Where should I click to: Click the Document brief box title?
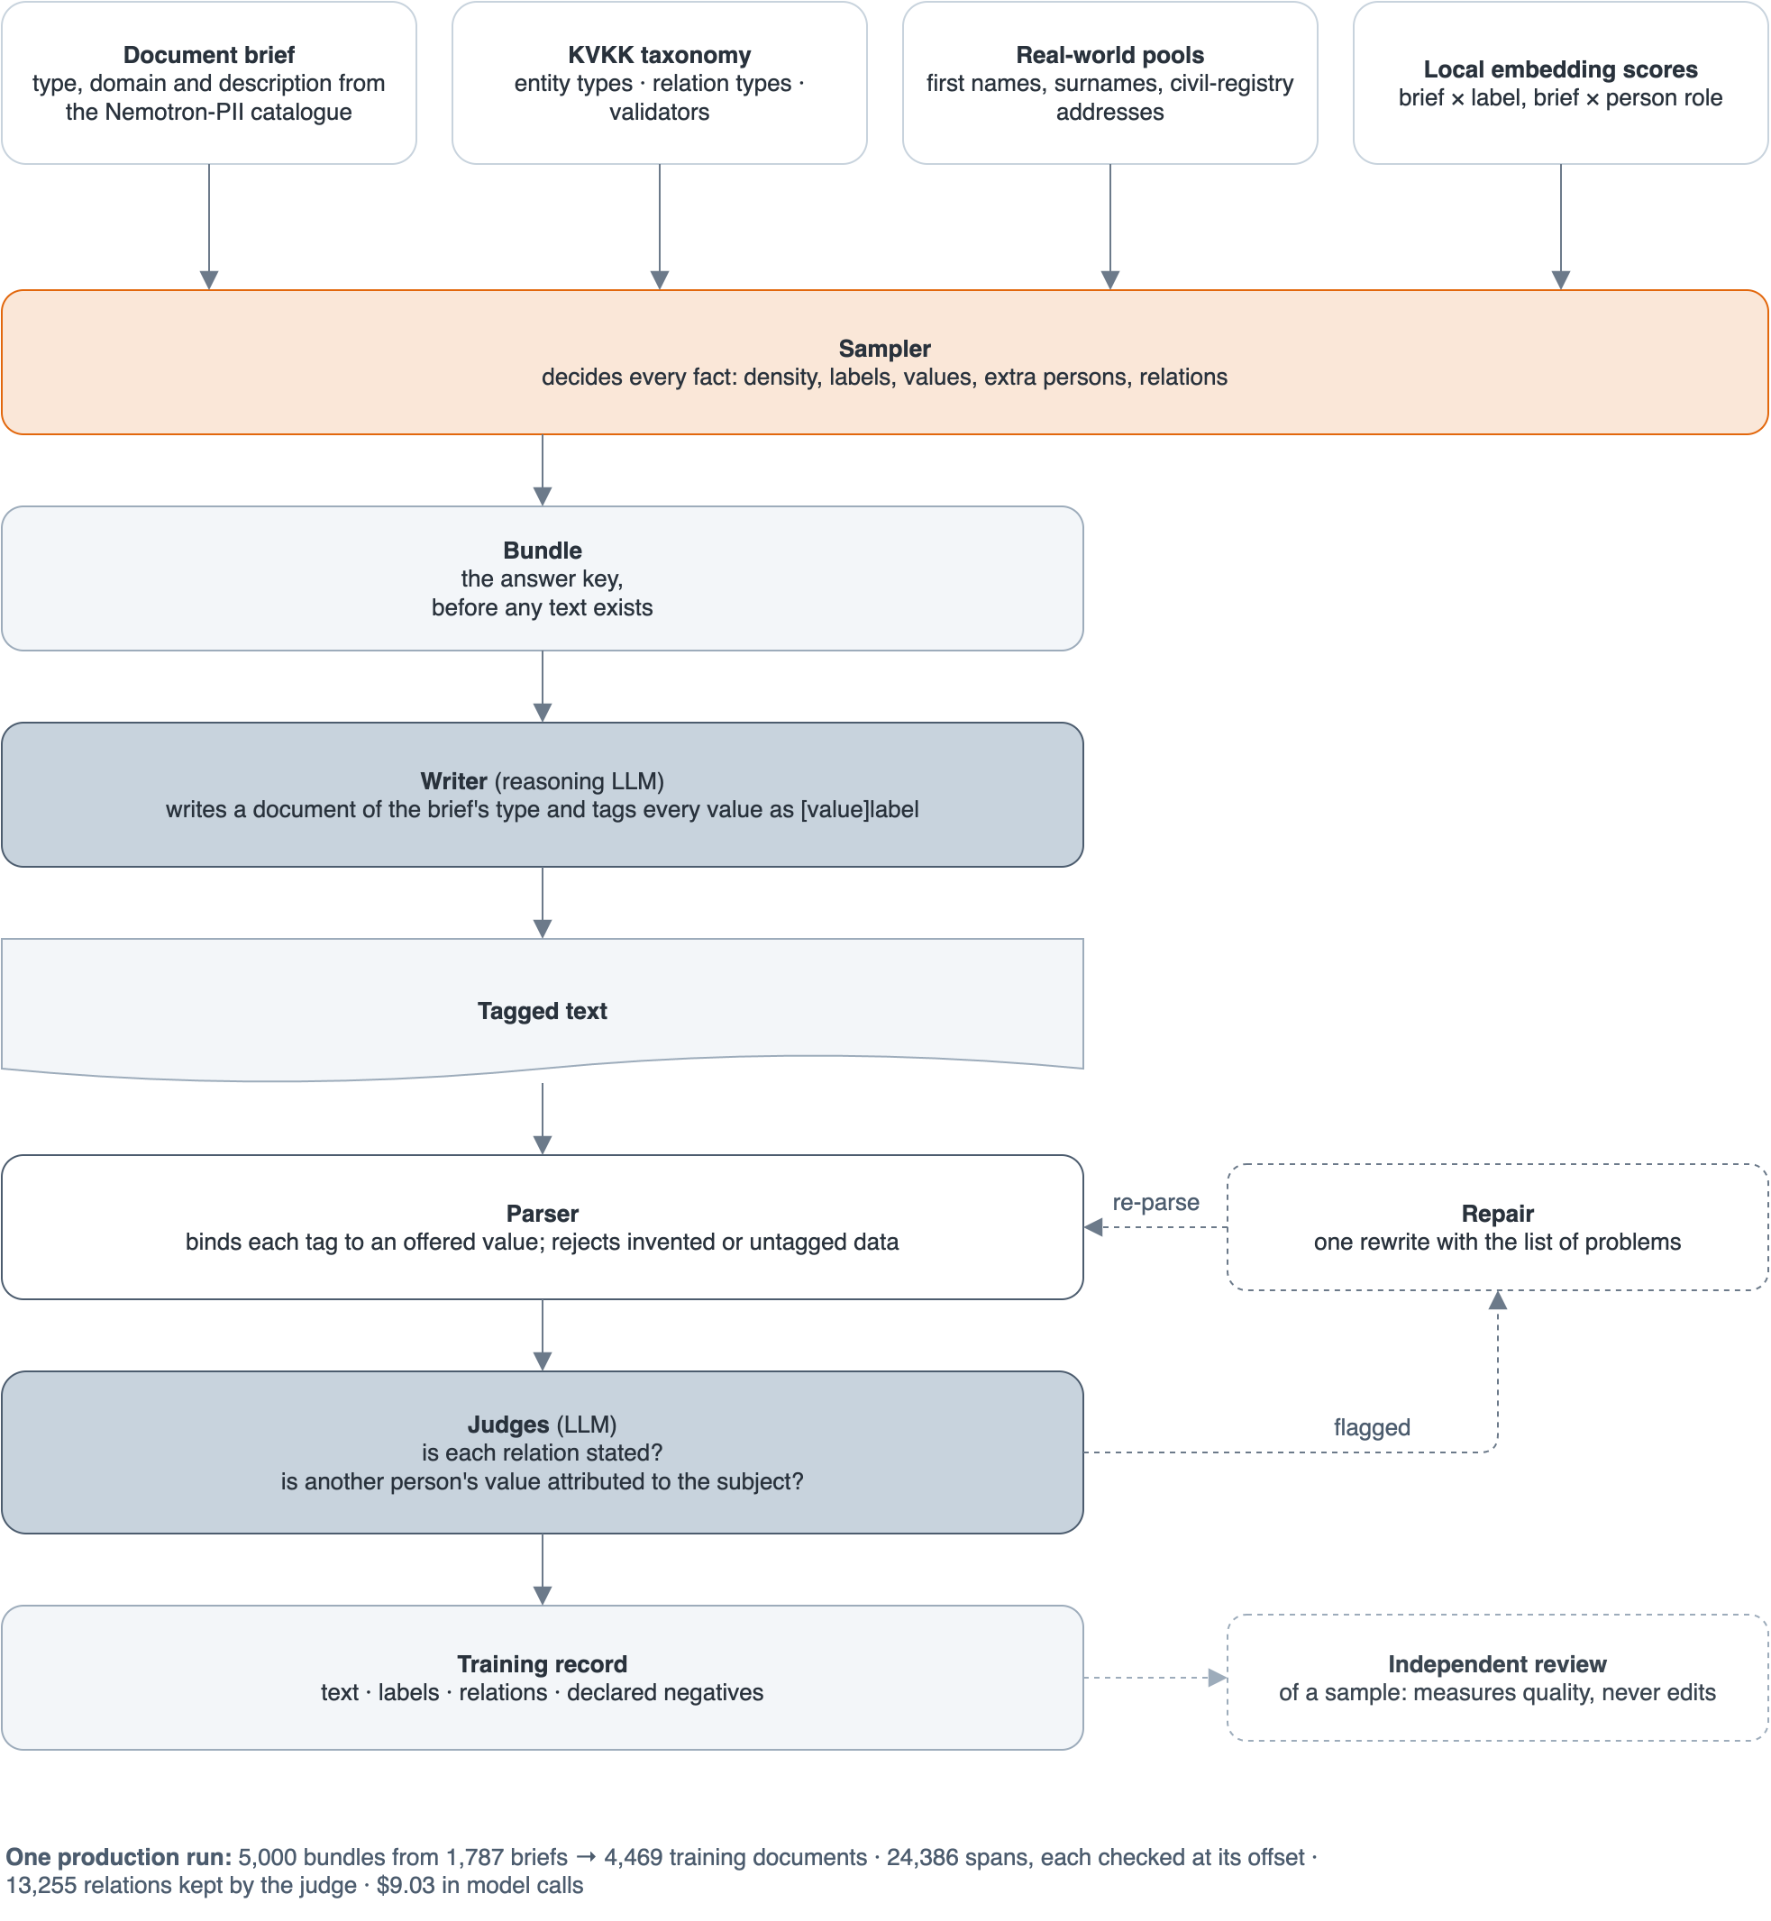click(209, 55)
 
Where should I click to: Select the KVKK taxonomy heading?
click(660, 55)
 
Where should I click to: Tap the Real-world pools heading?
click(1109, 55)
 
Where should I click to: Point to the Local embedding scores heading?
click(1560, 69)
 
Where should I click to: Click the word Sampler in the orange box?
click(884, 349)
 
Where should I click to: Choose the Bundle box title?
click(543, 550)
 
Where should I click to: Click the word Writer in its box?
click(453, 781)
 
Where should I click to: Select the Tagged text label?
click(543, 1011)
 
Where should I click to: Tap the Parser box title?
click(543, 1214)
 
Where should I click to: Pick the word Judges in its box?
click(508, 1425)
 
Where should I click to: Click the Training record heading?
click(543, 1664)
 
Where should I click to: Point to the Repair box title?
click(1498, 1214)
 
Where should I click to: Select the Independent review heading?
click(1497, 1664)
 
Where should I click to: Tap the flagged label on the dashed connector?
click(1372, 1427)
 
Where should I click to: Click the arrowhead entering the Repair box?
click(1498, 1300)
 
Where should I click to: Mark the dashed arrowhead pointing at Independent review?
click(1218, 1678)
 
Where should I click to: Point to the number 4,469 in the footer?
click(633, 1857)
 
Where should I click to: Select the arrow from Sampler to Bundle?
click(543, 470)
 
